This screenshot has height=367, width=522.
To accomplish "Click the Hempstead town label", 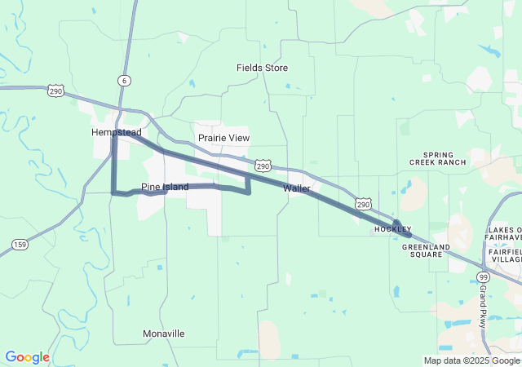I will pos(117,132).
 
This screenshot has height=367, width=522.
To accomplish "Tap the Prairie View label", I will pos(223,138).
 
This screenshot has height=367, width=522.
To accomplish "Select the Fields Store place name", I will pos(262,68).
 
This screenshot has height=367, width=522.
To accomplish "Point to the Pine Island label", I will pos(165,187).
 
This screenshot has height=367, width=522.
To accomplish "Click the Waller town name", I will pos(297,188).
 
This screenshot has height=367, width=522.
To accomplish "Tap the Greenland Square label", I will pos(426,250).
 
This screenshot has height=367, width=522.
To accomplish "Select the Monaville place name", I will pos(163,334).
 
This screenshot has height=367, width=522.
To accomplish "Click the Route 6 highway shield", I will pos(123,80).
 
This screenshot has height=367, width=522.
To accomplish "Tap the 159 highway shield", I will pos(20,244).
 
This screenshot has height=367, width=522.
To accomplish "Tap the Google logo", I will pos(27,357).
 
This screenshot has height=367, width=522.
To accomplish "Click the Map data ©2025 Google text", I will pos(470,360).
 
